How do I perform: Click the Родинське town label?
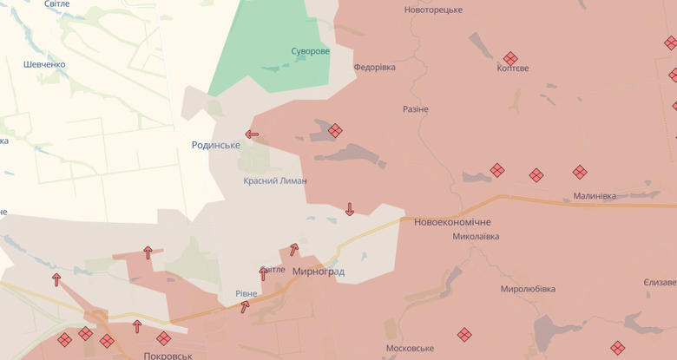(x=216, y=145)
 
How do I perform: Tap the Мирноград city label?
(x=319, y=272)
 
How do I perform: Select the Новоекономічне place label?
(x=452, y=222)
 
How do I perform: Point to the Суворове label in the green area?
(x=310, y=51)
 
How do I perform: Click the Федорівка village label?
(x=374, y=67)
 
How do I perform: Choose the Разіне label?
(x=416, y=109)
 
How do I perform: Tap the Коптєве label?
(x=513, y=69)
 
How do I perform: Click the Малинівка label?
(x=595, y=196)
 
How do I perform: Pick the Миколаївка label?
(x=476, y=236)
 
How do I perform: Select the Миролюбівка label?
(x=528, y=289)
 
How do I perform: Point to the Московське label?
(x=410, y=348)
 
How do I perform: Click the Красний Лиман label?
(x=275, y=180)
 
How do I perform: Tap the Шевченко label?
(x=45, y=64)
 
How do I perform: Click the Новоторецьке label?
(x=433, y=10)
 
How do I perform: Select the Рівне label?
(x=246, y=294)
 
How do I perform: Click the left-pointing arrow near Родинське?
(x=252, y=134)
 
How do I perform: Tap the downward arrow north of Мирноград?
(x=350, y=209)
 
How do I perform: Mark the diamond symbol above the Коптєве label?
(x=510, y=57)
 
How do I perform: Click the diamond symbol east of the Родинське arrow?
(x=335, y=130)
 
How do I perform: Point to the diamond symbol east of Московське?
(x=465, y=334)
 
